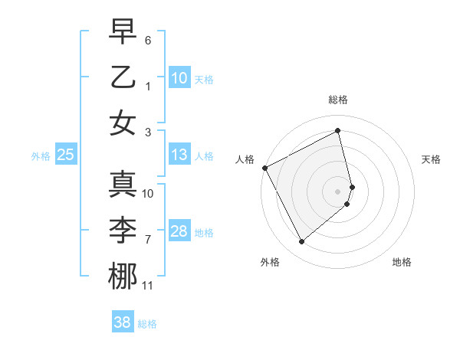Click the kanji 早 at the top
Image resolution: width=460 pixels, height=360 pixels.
click(123, 31)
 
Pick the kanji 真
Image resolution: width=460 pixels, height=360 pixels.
click(123, 185)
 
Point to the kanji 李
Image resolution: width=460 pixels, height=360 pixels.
click(123, 231)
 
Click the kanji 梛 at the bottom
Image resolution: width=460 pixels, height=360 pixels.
click(123, 277)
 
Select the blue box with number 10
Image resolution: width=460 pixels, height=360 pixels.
click(179, 78)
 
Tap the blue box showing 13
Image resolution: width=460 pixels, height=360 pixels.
click(179, 155)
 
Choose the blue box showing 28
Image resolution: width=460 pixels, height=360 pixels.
click(179, 232)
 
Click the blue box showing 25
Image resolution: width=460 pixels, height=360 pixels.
click(65, 155)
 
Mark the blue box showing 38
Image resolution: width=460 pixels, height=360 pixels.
click(123, 323)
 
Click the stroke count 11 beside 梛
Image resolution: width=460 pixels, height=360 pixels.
click(148, 286)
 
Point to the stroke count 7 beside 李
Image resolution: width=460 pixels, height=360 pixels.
click(148, 240)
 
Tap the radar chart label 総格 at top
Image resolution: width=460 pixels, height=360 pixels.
click(337, 100)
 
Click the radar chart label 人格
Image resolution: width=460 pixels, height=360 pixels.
click(245, 159)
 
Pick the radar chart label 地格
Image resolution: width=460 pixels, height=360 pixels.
click(402, 262)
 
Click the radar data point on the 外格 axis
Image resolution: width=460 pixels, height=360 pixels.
click(301, 242)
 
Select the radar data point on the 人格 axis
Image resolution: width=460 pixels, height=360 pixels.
click(264, 168)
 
